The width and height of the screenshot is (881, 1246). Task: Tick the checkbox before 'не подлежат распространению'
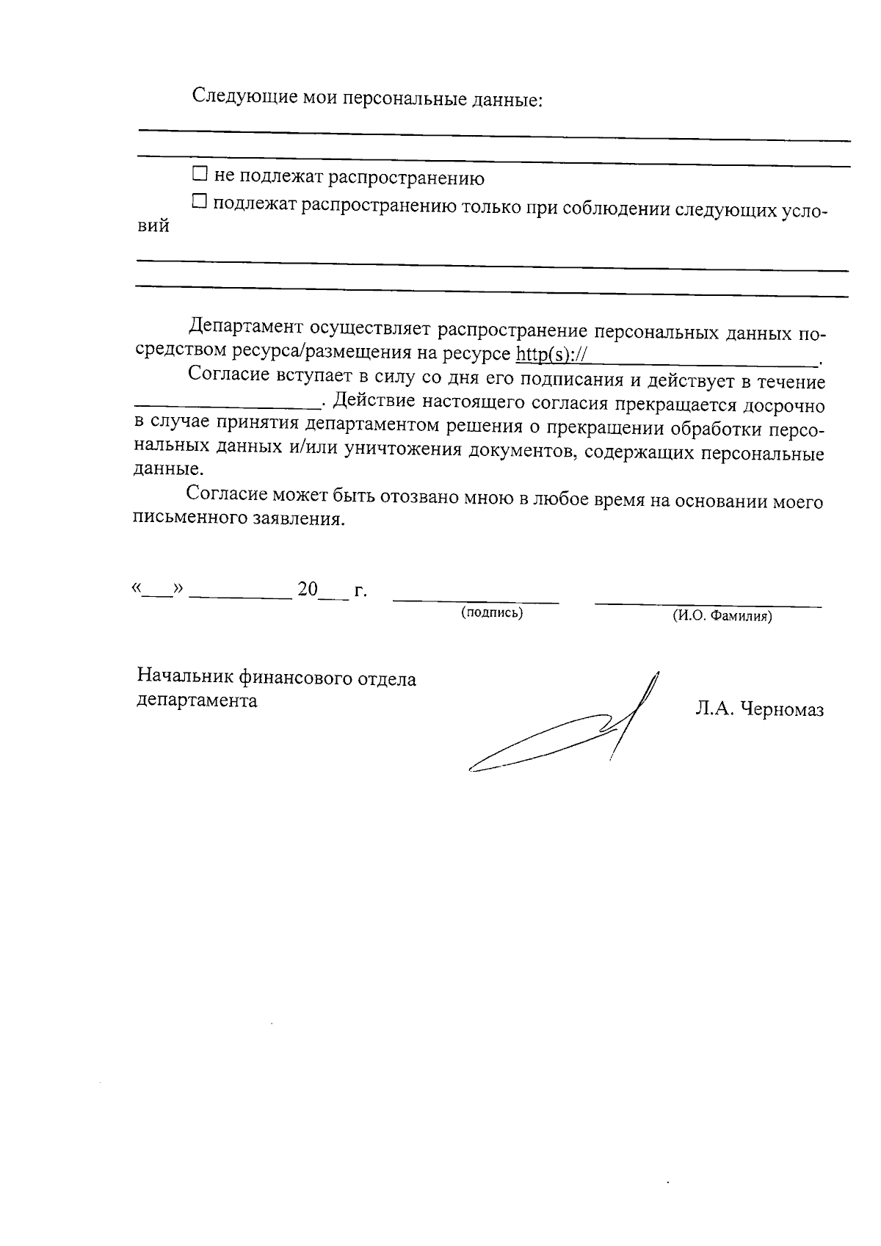coord(200,175)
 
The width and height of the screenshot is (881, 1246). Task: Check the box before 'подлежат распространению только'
coord(200,201)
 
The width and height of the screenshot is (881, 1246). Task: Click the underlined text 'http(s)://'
coord(551,355)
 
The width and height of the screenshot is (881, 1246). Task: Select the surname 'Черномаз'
coord(782,710)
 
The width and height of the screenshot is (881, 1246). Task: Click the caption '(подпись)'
coord(491,613)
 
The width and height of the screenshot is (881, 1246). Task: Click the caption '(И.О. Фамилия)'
coord(722,617)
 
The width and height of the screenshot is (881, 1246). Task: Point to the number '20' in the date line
coord(308,590)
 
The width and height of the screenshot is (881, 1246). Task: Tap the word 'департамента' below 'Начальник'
coord(197,700)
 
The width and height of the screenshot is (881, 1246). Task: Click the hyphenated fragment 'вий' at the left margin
coord(153,227)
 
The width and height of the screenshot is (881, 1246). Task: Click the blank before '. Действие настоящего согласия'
coord(228,402)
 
